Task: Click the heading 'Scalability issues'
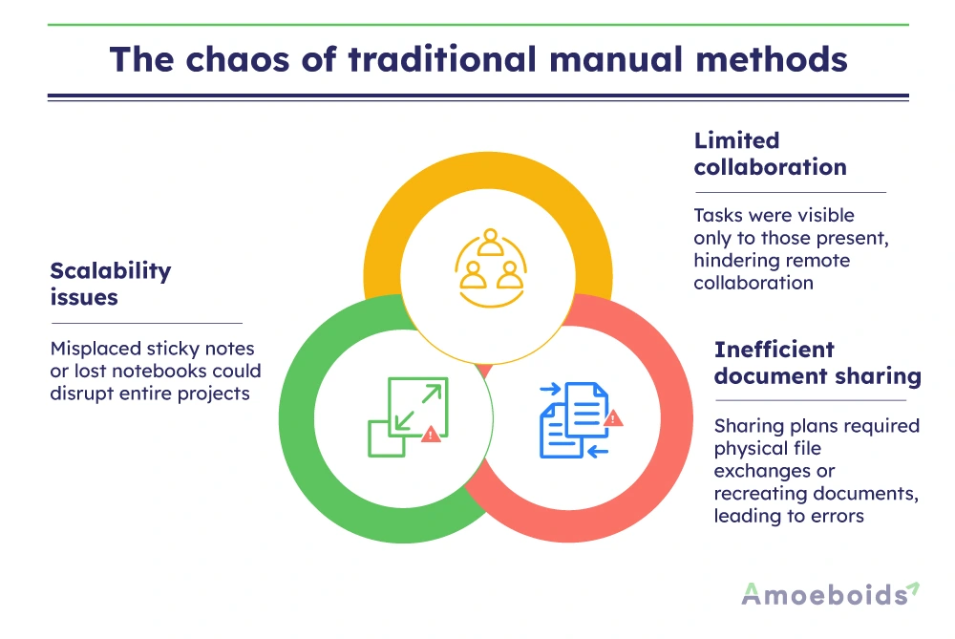tap(111, 284)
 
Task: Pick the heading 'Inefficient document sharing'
tap(817, 363)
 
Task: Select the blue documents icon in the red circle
tap(574, 419)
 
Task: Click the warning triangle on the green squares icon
tap(432, 434)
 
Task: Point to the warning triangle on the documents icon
tap(614, 417)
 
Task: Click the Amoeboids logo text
tap(823, 595)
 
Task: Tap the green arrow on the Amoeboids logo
tap(913, 586)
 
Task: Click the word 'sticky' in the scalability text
tap(168, 349)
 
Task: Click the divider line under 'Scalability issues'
tap(146, 323)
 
